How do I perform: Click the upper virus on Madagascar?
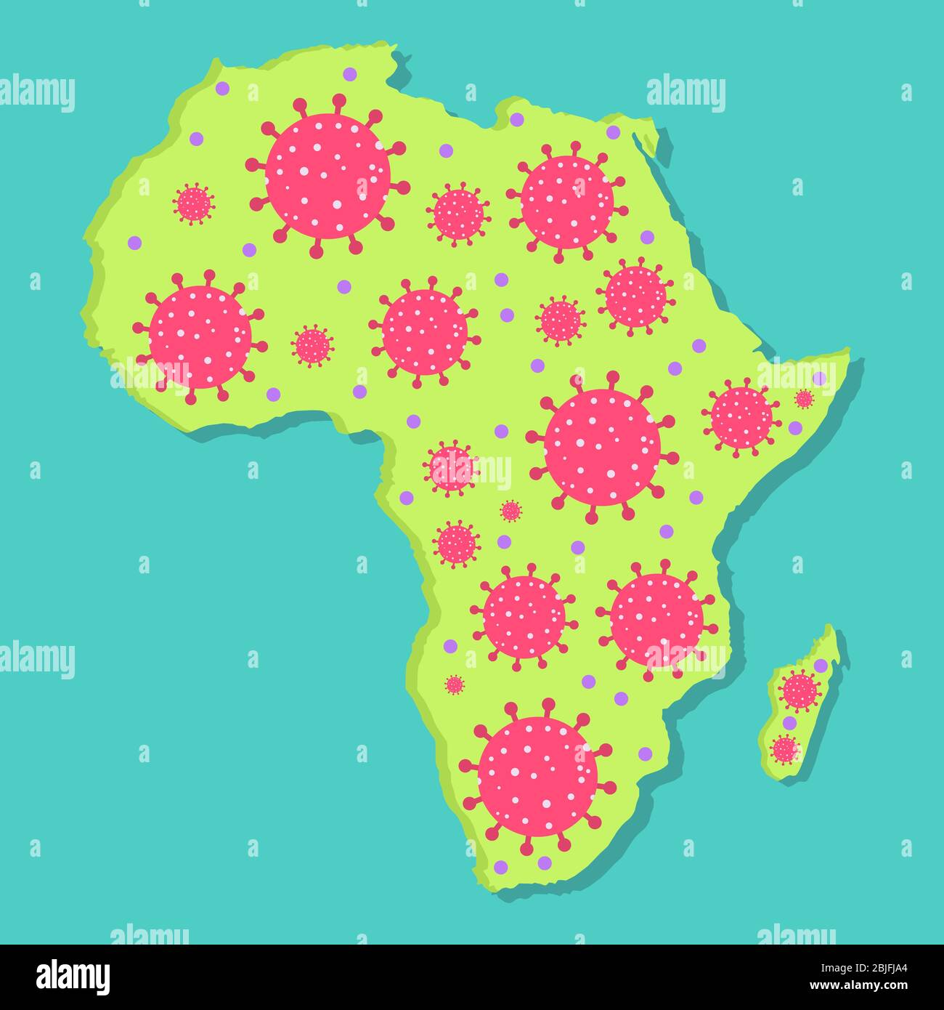click(x=800, y=690)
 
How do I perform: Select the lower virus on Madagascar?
click(x=784, y=749)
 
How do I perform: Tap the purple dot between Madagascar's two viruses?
click(x=789, y=723)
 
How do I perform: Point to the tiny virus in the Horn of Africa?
click(x=804, y=398)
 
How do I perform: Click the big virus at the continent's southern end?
click(x=537, y=776)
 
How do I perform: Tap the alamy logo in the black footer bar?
click(x=73, y=977)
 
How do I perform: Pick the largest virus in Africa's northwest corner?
click(x=327, y=176)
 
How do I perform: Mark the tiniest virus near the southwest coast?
click(x=455, y=684)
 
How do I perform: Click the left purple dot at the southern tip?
click(x=500, y=866)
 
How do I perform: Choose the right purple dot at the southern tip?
click(x=545, y=862)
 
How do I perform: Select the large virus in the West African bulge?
click(x=200, y=336)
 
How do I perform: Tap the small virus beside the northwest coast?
click(x=194, y=203)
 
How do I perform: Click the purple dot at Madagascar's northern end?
click(x=821, y=666)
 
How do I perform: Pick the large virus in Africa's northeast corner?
click(x=567, y=202)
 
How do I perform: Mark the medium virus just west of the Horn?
click(x=741, y=417)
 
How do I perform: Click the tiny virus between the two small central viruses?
click(x=511, y=511)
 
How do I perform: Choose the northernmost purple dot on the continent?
click(x=350, y=73)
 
